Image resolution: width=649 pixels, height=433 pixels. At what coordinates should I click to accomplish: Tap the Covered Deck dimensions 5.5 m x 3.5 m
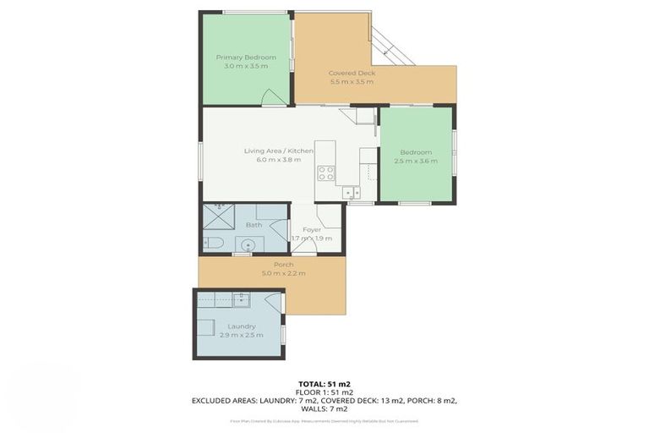352,82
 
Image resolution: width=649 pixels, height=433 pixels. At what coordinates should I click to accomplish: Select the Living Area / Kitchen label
278,151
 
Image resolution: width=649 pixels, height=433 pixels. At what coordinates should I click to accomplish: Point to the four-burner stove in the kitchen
325,173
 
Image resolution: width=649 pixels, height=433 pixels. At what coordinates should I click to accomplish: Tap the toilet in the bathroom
215,244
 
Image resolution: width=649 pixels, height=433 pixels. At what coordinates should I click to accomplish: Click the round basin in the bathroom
247,245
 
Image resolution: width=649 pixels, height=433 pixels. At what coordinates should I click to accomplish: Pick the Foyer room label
312,229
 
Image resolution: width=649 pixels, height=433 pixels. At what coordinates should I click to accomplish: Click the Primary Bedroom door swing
274,97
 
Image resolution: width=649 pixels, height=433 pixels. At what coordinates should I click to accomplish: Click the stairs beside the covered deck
392,46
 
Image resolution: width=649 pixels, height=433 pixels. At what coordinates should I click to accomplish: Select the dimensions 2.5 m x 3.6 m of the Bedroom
415,161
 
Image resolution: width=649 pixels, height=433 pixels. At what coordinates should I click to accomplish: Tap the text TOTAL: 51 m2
324,384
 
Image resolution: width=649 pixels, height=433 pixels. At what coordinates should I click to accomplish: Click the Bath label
254,225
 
